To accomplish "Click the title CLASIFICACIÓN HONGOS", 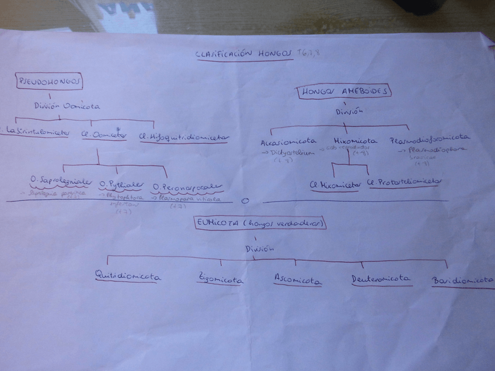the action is coord(244,54).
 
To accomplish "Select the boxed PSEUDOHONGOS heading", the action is coord(50,81).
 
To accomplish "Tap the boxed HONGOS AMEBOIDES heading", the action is coord(344,92).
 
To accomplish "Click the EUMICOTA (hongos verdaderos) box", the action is coord(260,223).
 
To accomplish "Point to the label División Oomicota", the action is coord(67,106).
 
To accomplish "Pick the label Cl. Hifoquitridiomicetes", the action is coord(184,138).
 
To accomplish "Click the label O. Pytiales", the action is coord(121,185).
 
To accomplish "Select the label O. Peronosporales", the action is coord(187,186).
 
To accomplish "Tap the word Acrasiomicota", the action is coord(288,141).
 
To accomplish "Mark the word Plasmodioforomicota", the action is coord(430,139).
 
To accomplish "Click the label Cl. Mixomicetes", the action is coord(335,184).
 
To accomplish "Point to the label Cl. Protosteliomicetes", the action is coord(404,183).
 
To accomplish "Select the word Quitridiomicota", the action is coord(128,276).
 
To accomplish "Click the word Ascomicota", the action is coord(298,280).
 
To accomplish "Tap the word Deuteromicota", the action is coord(381,279).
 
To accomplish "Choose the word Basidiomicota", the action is coord(462,282).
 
